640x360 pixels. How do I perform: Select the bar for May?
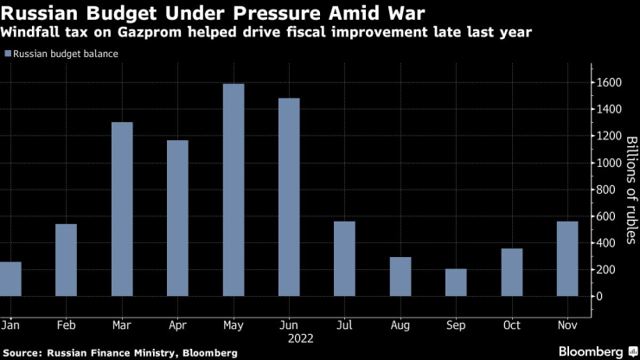pos(234,190)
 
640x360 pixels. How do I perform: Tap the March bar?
pos(122,209)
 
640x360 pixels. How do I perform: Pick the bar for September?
pos(456,282)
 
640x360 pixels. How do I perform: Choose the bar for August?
pos(400,276)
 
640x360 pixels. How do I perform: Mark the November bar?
pos(567,259)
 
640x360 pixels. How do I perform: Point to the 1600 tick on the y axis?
pos(609,82)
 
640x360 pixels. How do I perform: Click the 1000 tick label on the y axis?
pos(609,163)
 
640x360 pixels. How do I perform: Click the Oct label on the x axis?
pos(511,325)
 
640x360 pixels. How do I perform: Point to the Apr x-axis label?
pos(177,325)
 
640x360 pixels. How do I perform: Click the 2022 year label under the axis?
pos(290,338)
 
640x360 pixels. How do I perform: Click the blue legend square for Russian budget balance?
pos(9,54)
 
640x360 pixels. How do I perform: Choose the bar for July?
pos(344,259)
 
